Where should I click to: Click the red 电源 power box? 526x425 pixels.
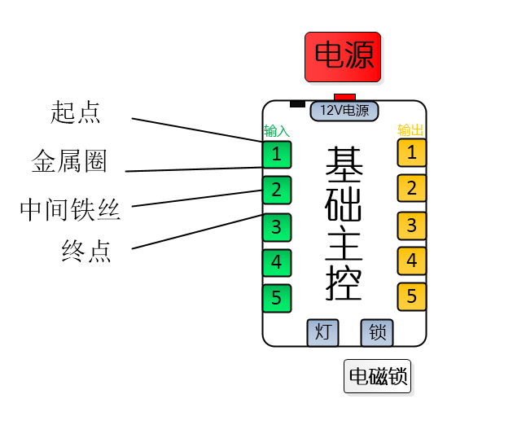point(343,56)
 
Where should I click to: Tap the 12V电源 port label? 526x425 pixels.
point(344,110)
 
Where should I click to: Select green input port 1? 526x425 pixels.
point(277,153)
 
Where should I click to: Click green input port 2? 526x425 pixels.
point(277,190)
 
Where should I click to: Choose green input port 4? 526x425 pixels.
point(277,262)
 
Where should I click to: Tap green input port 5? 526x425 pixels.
point(277,297)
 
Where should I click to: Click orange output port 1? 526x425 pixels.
point(412,151)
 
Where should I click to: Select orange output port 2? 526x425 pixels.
point(412,188)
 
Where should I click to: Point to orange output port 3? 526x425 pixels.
point(412,225)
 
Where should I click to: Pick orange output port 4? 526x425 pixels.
point(412,261)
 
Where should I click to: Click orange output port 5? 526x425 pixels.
point(412,296)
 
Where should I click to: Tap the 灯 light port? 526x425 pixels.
point(322,332)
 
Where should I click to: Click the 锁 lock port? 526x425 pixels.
point(377,332)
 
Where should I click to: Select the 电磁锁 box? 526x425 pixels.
point(377,376)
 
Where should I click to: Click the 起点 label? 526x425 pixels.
point(76,112)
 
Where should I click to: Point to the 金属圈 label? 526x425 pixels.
point(69,161)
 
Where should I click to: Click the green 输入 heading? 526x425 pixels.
point(276,131)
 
